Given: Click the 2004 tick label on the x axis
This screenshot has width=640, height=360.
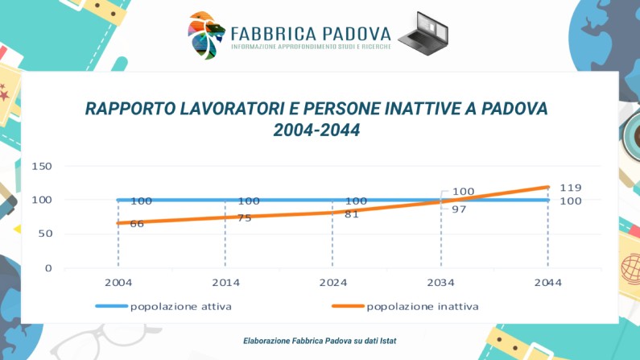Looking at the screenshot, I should (x=118, y=283).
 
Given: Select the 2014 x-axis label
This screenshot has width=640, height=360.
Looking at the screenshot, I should (x=225, y=283).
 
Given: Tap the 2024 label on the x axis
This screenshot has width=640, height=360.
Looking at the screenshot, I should (x=332, y=283).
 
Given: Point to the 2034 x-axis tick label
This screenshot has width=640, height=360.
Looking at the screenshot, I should (x=440, y=283).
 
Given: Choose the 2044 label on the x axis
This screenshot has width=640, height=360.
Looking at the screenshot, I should (x=547, y=283).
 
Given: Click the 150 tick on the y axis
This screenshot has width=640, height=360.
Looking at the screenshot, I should (x=42, y=167).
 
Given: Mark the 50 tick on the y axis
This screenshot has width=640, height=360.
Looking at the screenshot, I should (x=45, y=234).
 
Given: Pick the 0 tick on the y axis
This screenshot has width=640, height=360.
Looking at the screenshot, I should (x=48, y=268).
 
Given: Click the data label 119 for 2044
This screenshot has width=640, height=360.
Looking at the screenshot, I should (x=571, y=188).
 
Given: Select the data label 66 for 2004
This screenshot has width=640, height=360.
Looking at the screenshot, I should (x=137, y=224).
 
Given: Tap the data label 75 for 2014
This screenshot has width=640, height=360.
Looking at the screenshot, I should (x=244, y=217).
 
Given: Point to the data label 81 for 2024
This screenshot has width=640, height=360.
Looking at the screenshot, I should (x=351, y=214).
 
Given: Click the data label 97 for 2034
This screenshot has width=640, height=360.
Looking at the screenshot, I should (x=460, y=209).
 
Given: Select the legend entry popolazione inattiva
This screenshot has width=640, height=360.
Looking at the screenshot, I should (x=422, y=306).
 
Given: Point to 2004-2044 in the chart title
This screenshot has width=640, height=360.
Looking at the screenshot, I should (x=316, y=129).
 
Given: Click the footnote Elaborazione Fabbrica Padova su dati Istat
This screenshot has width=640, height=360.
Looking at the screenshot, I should (x=320, y=341).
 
